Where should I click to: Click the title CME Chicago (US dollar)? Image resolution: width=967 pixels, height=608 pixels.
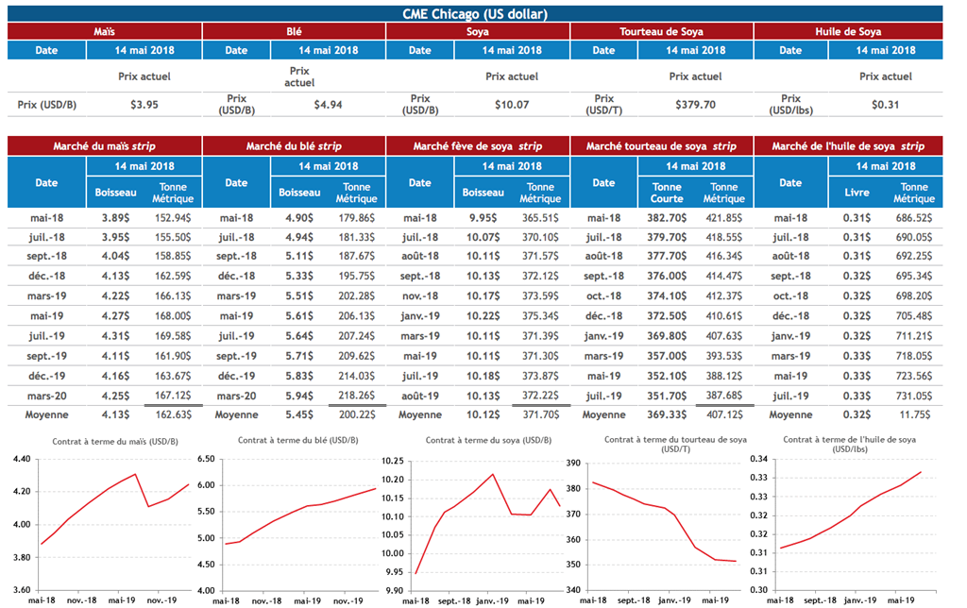pyautogui.click(x=475, y=13)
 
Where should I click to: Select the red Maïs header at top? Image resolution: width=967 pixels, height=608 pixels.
pyautogui.click(x=105, y=32)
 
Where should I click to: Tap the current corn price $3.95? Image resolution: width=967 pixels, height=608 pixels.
pyautogui.click(x=144, y=105)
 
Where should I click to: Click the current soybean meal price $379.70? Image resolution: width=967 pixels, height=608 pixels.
pyautogui.click(x=695, y=105)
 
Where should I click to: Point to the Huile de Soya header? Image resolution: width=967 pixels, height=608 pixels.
pyautogui.click(x=848, y=32)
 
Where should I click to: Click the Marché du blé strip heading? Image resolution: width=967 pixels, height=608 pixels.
pyautogui.click(x=294, y=146)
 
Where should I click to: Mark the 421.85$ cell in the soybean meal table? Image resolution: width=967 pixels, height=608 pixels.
pyautogui.click(x=724, y=217)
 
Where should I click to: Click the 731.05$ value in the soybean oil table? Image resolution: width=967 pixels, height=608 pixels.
pyautogui.click(x=913, y=395)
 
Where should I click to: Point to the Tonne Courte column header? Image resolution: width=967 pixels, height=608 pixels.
pyautogui.click(x=667, y=193)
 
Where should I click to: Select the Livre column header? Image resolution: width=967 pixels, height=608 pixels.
pyautogui.click(x=856, y=193)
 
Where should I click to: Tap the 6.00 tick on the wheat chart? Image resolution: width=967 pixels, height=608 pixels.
pyautogui.click(x=207, y=485)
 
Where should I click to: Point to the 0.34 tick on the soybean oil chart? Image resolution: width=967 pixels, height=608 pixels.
pyautogui.click(x=760, y=459)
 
